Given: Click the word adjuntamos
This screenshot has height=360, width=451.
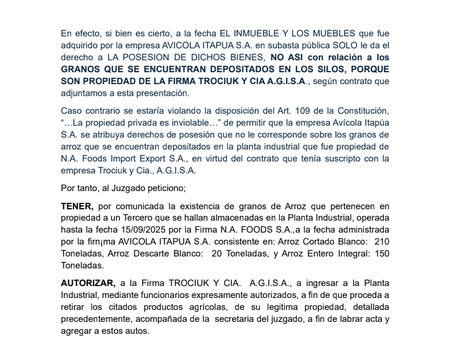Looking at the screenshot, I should [x=86, y=93].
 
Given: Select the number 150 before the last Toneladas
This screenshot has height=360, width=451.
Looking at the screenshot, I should [x=382, y=253].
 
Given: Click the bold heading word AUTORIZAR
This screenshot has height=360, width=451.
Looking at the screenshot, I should [x=87, y=283].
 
